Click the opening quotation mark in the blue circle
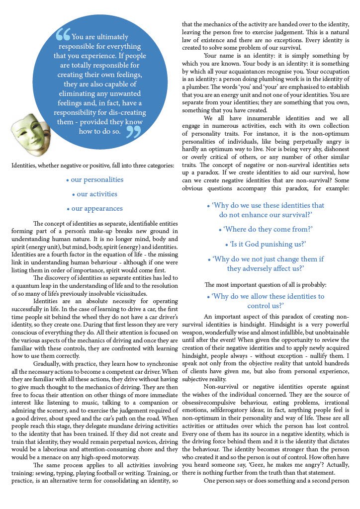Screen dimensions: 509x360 coord(63,35)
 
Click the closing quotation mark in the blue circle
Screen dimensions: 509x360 coord(133,131)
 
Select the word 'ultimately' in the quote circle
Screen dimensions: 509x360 coord(113,37)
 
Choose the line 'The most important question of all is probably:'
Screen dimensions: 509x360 coord(265,285)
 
